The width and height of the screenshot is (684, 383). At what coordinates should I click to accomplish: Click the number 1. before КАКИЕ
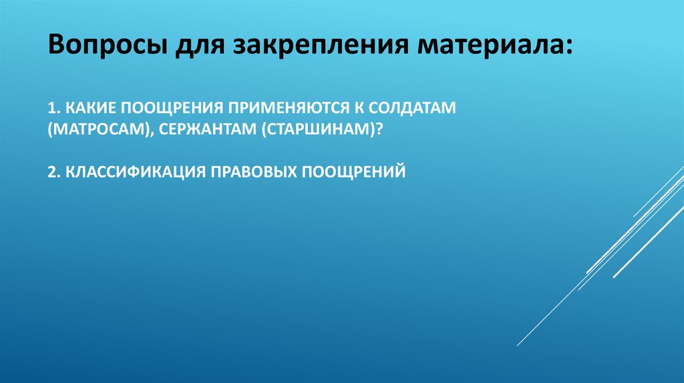[x=53, y=107]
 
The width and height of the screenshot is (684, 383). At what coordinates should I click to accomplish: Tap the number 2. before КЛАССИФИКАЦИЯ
[x=53, y=171]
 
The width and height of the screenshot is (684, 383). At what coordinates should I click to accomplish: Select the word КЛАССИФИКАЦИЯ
[x=134, y=171]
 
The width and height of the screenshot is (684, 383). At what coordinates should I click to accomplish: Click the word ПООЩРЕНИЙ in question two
[x=355, y=171]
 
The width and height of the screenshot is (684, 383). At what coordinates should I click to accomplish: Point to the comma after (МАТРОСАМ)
[x=152, y=132]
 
